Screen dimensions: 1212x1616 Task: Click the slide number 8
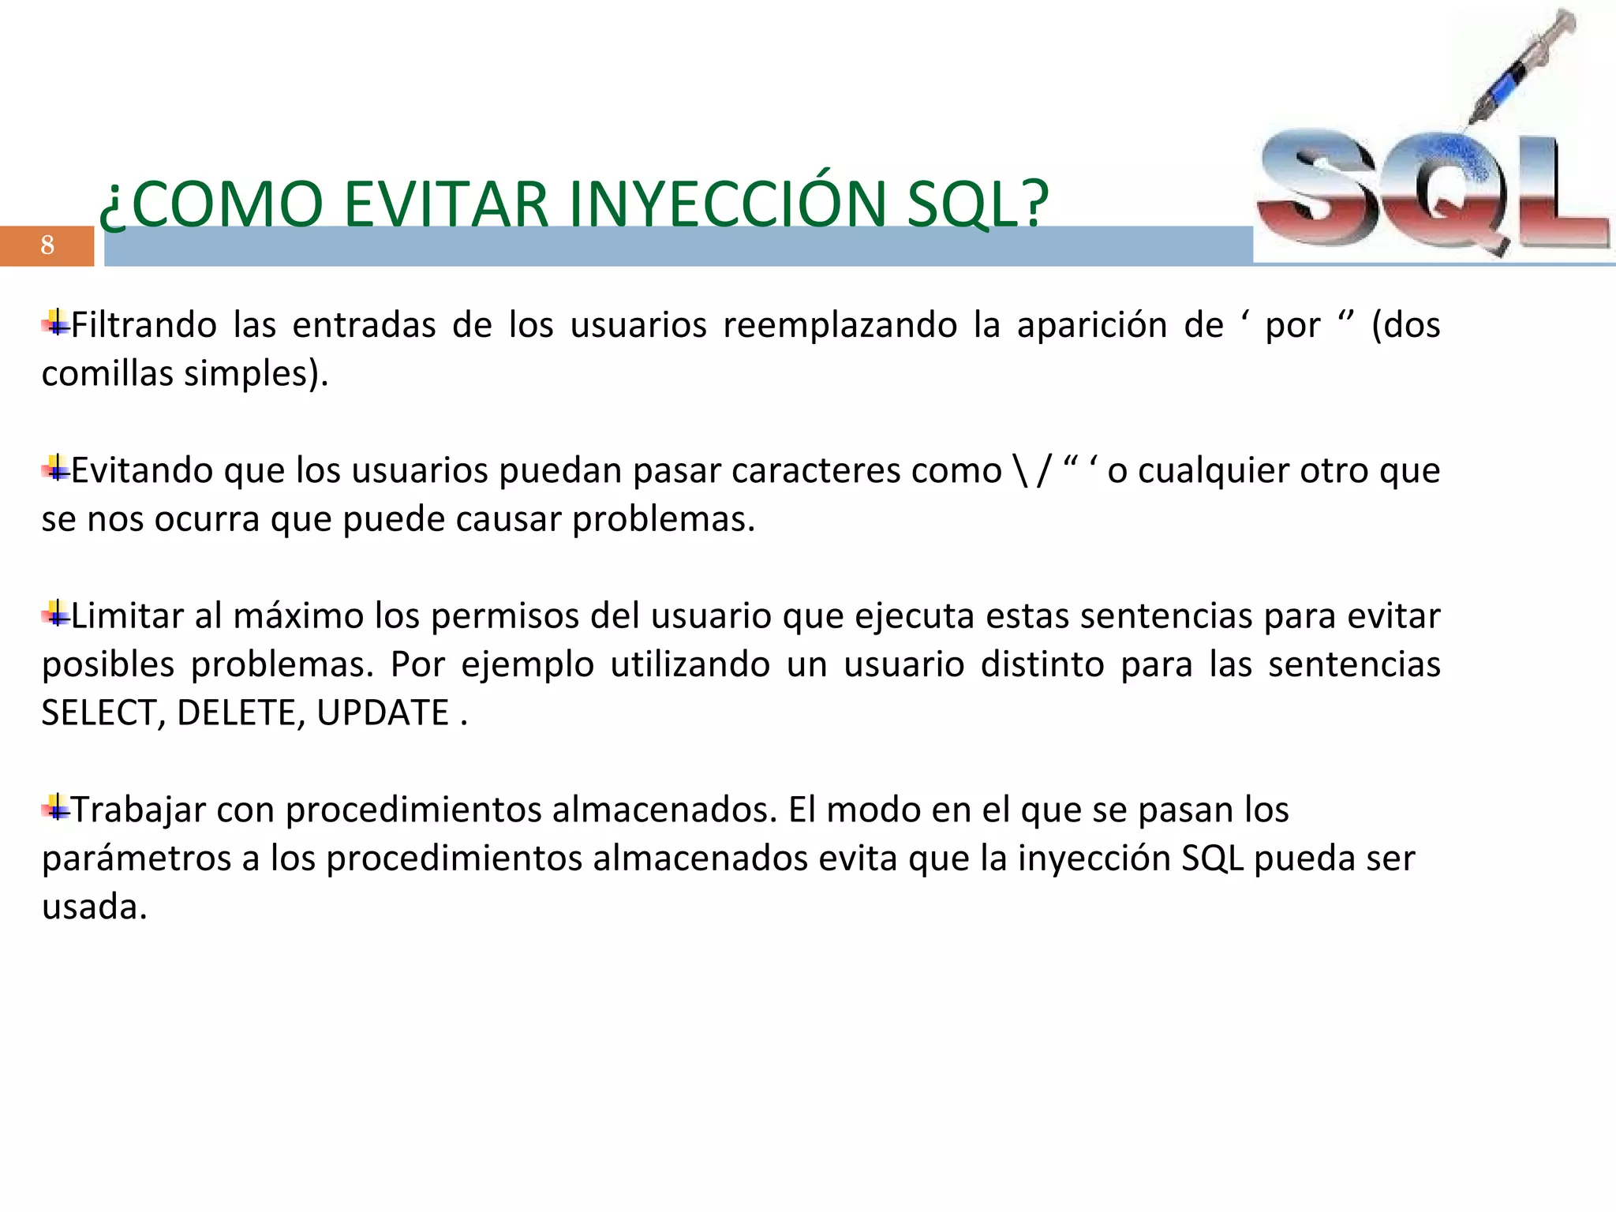point(47,245)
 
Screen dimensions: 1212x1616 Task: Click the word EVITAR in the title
point(446,204)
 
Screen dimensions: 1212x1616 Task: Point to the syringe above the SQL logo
point(1523,67)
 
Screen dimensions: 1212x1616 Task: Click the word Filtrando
point(144,325)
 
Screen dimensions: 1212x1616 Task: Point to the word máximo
point(298,615)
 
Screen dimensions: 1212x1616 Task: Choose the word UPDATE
point(383,713)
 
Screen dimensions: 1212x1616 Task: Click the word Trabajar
point(139,810)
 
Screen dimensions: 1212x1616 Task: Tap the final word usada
point(94,907)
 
